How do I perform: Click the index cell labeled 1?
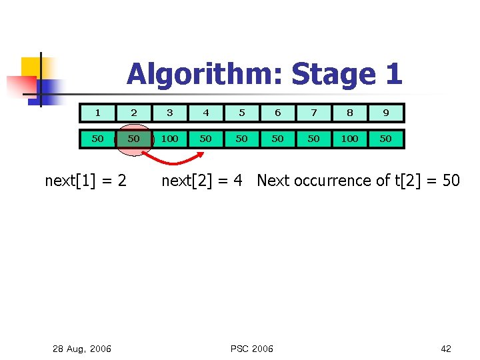click(97, 113)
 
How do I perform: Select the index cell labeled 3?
click(169, 113)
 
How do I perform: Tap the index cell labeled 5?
click(241, 113)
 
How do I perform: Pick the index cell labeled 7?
click(313, 113)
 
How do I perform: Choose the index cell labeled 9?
click(385, 113)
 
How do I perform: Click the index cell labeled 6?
click(277, 113)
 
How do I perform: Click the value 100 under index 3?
click(169, 139)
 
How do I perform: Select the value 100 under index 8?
click(349, 139)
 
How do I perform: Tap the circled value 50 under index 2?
click(133, 139)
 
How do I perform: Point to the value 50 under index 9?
click(385, 139)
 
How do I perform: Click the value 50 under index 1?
click(97, 139)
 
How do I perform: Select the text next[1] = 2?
click(85, 180)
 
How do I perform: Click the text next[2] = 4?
click(202, 180)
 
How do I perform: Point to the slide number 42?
click(446, 349)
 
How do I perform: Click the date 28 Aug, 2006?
click(82, 349)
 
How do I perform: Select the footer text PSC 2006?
click(251, 349)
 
